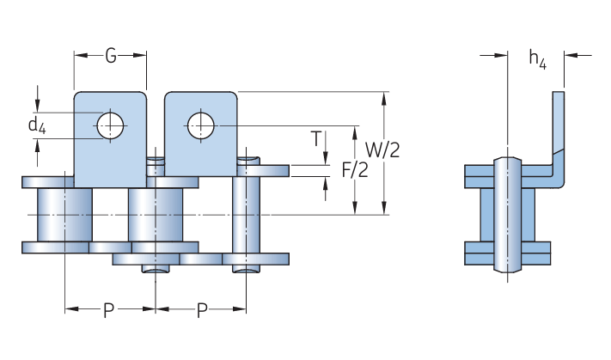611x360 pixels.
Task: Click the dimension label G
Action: point(111,56)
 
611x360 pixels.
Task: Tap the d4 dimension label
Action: point(37,125)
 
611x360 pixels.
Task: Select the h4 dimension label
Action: point(538,59)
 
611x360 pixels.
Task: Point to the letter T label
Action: point(316,138)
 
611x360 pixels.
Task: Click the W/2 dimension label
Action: point(382,150)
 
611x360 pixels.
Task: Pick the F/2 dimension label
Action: point(355,170)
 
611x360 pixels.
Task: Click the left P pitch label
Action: point(109,310)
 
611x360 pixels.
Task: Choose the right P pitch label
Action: point(202,310)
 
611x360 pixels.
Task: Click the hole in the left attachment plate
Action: point(110,125)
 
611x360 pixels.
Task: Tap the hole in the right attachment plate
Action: point(201,125)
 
